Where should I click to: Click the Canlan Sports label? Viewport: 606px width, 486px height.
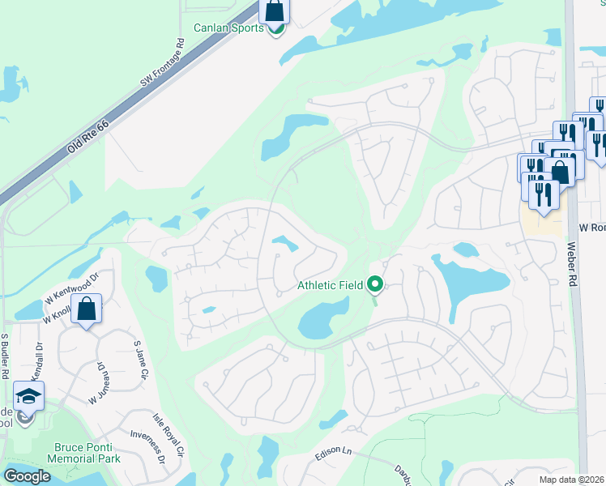pyautogui.click(x=228, y=28)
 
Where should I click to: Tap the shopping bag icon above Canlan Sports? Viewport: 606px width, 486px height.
pyautogui.click(x=275, y=11)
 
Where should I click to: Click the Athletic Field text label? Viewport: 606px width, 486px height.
pyautogui.click(x=331, y=285)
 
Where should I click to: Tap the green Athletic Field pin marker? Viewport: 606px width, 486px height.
pyautogui.click(x=375, y=284)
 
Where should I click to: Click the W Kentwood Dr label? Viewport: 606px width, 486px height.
pyautogui.click(x=73, y=286)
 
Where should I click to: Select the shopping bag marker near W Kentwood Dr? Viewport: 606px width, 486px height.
pyautogui.click(x=87, y=309)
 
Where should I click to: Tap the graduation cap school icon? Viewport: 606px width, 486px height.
pyautogui.click(x=28, y=396)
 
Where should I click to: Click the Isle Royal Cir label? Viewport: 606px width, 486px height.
pyautogui.click(x=169, y=435)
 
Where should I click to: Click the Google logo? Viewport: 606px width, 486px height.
pyautogui.click(x=27, y=476)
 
